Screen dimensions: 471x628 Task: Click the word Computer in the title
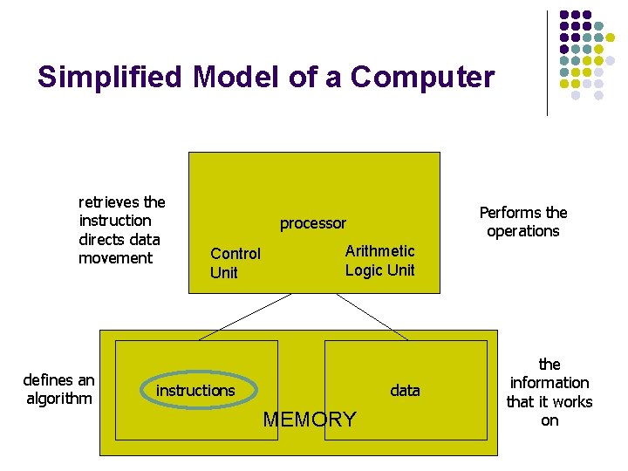[422, 78]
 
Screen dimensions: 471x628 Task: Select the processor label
[312, 223]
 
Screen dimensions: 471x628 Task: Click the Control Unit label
[235, 263]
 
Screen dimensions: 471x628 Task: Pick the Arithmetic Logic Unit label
[379, 261]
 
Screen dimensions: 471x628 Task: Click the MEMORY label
[310, 420]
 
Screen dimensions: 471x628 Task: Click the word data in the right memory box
[405, 390]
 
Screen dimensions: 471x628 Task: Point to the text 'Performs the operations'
[523, 222]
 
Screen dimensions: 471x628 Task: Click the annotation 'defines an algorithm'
[58, 389]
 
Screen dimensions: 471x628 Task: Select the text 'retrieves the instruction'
[121, 211]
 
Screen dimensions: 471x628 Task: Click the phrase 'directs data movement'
[119, 249]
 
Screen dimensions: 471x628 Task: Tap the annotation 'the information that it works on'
[549, 392]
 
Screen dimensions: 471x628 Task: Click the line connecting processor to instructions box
[245, 316]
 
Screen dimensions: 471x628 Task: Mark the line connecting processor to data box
[372, 316]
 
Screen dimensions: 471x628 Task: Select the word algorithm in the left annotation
[58, 399]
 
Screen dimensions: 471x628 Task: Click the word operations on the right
[523, 231]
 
